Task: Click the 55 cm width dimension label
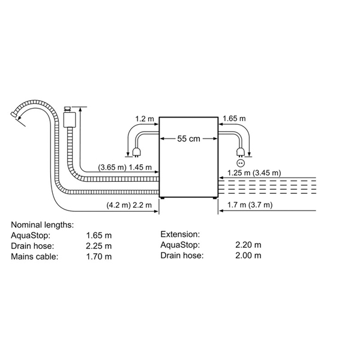click(188, 139)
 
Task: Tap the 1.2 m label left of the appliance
click(145, 119)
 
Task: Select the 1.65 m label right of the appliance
click(234, 118)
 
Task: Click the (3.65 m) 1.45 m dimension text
click(125, 167)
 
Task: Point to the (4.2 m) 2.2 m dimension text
click(129, 205)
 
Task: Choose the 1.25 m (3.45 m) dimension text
click(254, 173)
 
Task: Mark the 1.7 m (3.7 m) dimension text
click(250, 205)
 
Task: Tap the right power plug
click(241, 152)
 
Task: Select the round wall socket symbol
click(241, 163)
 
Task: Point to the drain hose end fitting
click(14, 115)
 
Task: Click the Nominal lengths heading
click(43, 225)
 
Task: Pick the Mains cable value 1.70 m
click(99, 256)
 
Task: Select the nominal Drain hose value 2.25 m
click(99, 246)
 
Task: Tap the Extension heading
click(180, 234)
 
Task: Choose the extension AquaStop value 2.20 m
click(248, 245)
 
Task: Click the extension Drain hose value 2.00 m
click(248, 256)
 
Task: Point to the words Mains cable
click(35, 256)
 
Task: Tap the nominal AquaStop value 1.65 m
click(99, 235)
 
